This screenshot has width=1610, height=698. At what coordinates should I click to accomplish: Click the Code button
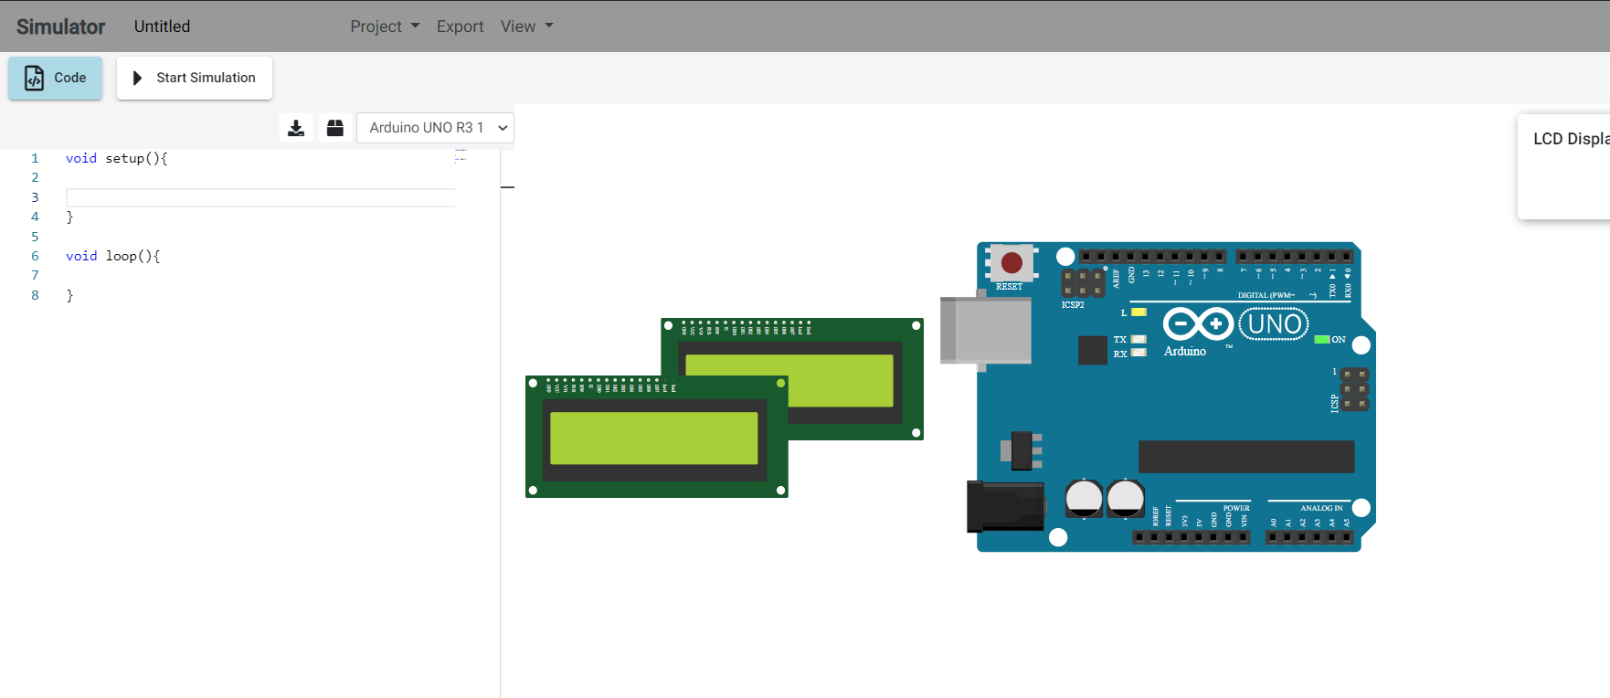tap(56, 78)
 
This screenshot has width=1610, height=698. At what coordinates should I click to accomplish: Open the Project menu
tap(385, 26)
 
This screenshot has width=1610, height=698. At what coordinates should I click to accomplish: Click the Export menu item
tap(460, 26)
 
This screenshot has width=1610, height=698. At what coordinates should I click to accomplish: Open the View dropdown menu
tap(526, 26)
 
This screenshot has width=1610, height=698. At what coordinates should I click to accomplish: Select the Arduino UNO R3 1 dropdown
tap(435, 128)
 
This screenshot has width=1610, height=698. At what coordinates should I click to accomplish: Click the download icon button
tap(296, 128)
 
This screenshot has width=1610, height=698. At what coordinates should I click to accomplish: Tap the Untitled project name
tap(162, 26)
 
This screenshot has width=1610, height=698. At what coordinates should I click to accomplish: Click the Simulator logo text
tap(60, 26)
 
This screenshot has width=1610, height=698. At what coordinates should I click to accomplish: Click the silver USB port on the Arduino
tap(987, 330)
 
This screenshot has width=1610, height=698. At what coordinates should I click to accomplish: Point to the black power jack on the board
tap(1005, 506)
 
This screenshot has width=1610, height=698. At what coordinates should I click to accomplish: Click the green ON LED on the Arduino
tap(1321, 340)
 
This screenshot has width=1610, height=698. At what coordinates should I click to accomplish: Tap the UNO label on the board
tap(1274, 324)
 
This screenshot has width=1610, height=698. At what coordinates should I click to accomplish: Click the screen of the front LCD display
tap(653, 439)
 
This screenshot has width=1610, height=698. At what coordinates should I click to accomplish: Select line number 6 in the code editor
tap(35, 256)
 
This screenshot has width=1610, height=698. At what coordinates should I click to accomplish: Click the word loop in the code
tap(121, 256)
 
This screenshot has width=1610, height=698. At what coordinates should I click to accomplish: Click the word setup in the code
tap(124, 158)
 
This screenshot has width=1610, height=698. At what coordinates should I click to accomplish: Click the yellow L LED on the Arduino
tap(1139, 312)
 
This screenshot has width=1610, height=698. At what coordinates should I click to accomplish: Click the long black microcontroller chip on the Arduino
tap(1245, 456)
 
